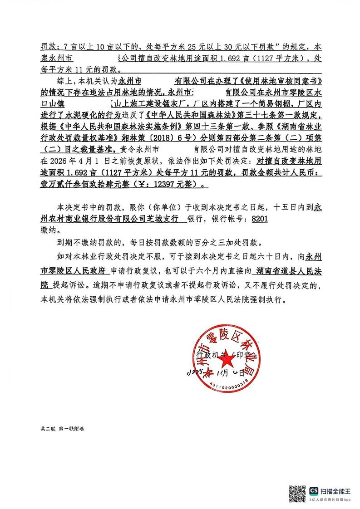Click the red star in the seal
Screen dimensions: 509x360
[x=226, y=361]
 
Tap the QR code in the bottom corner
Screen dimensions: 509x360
[x=298, y=493]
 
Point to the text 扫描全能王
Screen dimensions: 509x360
[x=336, y=491]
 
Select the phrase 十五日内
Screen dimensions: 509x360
[x=290, y=206]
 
